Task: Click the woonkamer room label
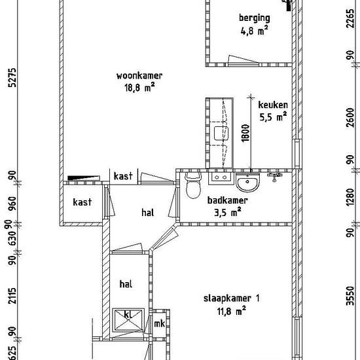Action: [139, 76]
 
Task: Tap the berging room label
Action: [255, 18]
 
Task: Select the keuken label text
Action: [273, 105]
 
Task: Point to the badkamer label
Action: [228, 200]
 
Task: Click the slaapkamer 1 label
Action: [232, 298]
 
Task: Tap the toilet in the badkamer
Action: [193, 185]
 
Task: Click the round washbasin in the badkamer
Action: [247, 183]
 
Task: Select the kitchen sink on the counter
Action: [221, 133]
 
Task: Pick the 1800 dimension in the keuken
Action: [245, 133]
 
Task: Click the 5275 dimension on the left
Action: [12, 78]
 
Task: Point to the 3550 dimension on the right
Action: [350, 296]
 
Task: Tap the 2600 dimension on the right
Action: [350, 117]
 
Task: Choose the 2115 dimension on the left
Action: [12, 296]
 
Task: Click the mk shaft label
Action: [159, 324]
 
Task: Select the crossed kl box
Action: [128, 320]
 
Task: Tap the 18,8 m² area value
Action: [139, 88]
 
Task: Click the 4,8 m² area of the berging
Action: [254, 31]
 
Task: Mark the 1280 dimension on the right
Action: [350, 198]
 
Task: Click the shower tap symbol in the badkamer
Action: [275, 176]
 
